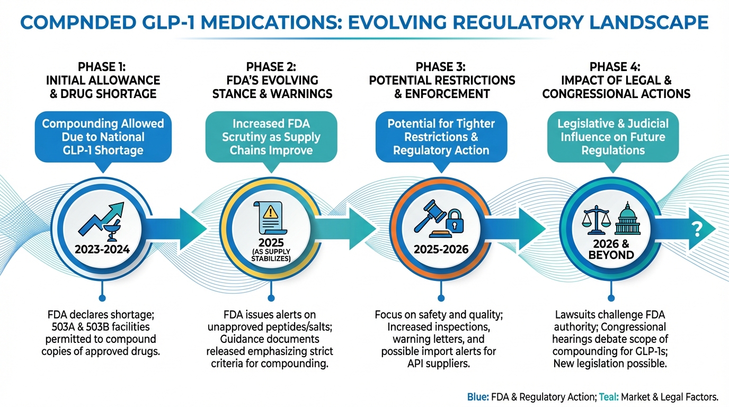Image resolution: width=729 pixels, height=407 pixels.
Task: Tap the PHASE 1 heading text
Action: [x=103, y=67]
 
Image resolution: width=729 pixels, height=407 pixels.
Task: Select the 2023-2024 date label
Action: [x=103, y=249]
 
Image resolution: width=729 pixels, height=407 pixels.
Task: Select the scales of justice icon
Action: [x=596, y=222]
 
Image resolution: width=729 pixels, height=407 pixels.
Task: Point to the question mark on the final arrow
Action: [x=697, y=229]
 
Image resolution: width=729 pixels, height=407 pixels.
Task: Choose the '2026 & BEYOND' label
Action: [x=611, y=249]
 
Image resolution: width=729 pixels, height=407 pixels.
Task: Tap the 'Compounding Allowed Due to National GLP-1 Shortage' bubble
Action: [x=103, y=137]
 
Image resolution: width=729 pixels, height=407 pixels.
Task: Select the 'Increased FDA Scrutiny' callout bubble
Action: [x=272, y=137]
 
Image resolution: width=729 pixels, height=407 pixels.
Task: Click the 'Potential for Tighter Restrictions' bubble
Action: [x=441, y=137]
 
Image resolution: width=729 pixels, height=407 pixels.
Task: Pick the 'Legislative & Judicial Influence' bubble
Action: [x=612, y=137]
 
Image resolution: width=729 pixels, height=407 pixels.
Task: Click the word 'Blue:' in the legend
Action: [x=477, y=396]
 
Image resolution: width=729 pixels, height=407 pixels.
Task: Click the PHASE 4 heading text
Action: [x=616, y=67]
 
